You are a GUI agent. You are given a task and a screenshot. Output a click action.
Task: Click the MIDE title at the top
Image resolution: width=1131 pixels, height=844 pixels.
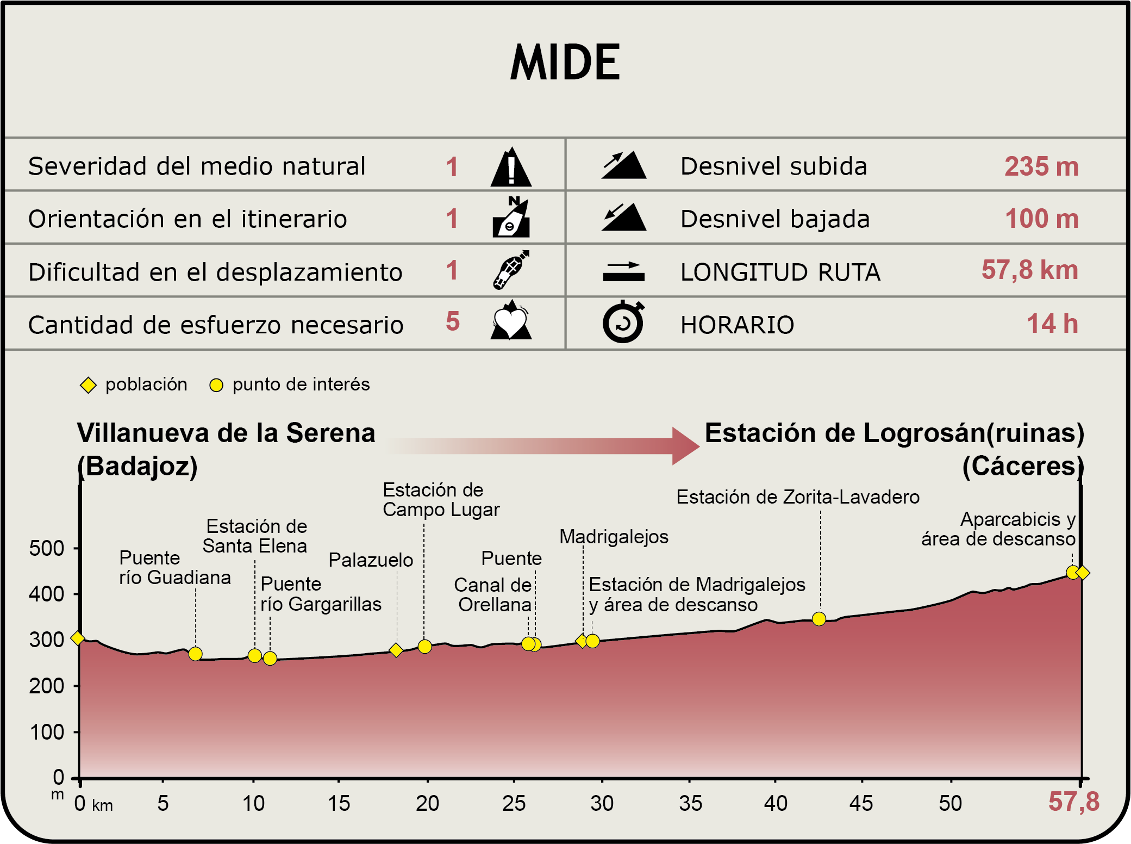tap(565, 62)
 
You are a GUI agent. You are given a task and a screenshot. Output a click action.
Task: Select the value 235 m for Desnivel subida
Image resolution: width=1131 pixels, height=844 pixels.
tap(1041, 166)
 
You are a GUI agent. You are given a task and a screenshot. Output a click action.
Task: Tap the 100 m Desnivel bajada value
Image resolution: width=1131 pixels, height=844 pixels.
tap(1041, 219)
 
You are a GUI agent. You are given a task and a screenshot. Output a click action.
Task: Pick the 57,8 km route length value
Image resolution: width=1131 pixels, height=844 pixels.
tap(1029, 270)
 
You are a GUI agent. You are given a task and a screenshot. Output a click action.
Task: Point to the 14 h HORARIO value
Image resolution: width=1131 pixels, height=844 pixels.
tap(1052, 324)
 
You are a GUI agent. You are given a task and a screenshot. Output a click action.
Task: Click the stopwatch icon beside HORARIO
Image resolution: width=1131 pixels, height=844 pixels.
tap(623, 322)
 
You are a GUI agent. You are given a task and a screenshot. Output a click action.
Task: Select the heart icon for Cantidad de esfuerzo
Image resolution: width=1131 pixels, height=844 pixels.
tap(511, 321)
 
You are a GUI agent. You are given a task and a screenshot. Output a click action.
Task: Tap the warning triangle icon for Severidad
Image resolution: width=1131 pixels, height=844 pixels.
tap(511, 167)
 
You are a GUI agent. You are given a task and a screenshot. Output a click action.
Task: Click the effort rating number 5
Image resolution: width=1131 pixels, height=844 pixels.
tap(453, 321)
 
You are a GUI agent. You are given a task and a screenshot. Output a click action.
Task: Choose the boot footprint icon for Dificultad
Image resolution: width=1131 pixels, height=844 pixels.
tap(511, 270)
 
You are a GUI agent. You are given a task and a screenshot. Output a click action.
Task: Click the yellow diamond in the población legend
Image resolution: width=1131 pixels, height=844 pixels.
tap(88, 385)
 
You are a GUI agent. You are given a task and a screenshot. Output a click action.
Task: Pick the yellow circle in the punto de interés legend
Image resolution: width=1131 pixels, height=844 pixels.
tap(216, 385)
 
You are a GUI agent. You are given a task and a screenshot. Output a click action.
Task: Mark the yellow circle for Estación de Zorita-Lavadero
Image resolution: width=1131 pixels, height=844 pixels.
tap(819, 619)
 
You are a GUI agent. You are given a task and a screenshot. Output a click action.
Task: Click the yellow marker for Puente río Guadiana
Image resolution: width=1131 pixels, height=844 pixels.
tap(196, 654)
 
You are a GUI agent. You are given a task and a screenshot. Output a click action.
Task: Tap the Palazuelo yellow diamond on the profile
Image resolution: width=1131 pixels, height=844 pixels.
tap(396, 650)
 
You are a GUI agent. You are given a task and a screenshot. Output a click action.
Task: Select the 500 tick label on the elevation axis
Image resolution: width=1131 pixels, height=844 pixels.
tap(47, 548)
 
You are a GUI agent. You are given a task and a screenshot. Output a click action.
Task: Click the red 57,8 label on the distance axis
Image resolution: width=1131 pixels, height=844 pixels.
tap(1073, 802)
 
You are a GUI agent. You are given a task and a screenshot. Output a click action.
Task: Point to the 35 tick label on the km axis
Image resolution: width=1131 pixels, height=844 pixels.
tap(690, 803)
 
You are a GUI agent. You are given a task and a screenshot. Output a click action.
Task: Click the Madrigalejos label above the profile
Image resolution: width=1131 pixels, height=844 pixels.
tap(614, 537)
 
